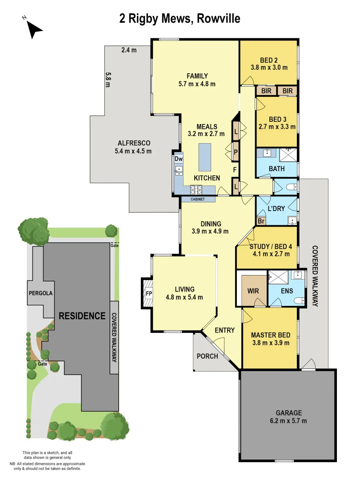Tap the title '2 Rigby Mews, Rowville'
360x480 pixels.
pos(180,18)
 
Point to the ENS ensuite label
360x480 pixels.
pos(287,292)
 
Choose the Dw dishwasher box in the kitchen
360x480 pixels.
pos(178,159)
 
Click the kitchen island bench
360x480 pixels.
pos(205,156)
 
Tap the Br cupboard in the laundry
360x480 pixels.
pos(261,220)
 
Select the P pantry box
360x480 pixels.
pos(236,152)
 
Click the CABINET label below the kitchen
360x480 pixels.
pos(198,200)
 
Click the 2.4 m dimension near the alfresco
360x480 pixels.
pos(129,50)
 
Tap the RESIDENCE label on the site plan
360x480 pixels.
pos(82,316)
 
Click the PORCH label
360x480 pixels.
pos(207,356)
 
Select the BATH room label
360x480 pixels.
pos(277,169)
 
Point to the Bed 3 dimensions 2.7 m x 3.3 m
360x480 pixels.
pos(277,127)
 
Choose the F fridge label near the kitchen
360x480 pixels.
pos(235,169)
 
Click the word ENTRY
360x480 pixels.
pos(224,330)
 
